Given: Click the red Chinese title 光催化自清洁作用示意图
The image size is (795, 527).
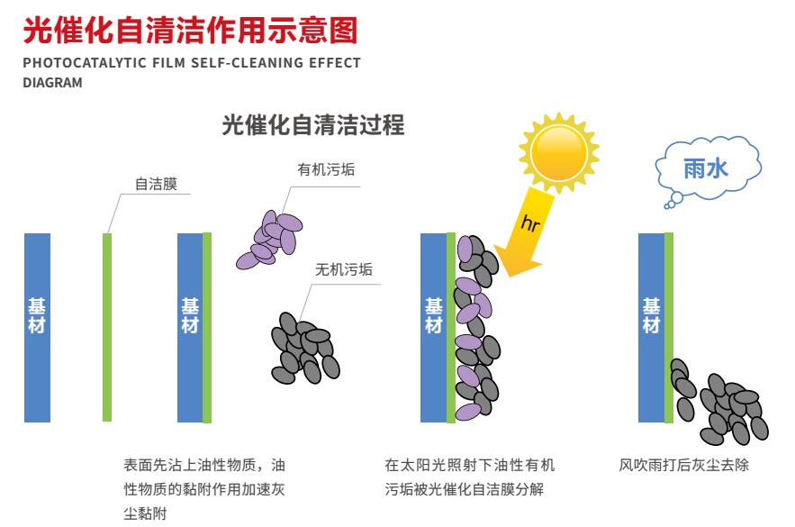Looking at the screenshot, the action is [190, 30].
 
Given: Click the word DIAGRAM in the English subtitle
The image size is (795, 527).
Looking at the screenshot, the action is [53, 83].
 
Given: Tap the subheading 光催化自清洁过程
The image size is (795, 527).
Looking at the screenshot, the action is [312, 125].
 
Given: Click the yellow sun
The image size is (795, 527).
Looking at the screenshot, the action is [559, 152].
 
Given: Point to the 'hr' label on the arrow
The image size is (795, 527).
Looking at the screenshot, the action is [530, 223].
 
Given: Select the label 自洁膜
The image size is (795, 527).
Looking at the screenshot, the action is [156, 184].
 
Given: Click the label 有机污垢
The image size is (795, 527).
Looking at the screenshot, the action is [326, 169].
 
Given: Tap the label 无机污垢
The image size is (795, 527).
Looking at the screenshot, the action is [344, 269].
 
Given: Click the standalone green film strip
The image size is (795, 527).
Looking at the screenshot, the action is [107, 327].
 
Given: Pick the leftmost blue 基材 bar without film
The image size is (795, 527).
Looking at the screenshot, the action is [37, 328].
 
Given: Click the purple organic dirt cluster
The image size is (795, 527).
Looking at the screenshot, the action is [269, 240].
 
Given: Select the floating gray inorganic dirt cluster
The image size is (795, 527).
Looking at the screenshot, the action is [305, 348].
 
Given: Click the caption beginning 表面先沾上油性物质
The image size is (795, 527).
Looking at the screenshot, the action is [204, 489].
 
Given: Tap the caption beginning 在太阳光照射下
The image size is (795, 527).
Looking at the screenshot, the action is [469, 477].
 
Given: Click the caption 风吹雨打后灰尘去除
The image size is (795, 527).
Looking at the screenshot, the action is [683, 465].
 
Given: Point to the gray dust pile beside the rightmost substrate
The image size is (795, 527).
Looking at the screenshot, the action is [719, 402].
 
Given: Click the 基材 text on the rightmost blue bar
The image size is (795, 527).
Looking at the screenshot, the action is [652, 315].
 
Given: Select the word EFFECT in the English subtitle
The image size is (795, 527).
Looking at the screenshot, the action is [335, 63].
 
